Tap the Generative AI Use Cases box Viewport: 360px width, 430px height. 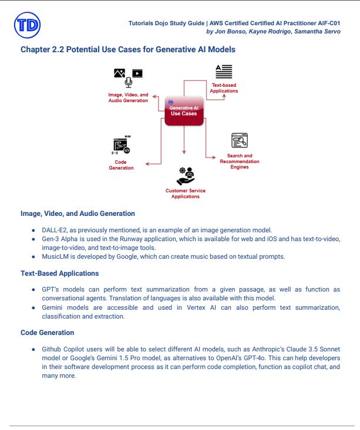183,110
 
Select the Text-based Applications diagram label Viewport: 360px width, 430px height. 225,88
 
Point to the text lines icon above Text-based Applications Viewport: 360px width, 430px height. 224,72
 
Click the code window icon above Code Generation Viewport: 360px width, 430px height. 121,145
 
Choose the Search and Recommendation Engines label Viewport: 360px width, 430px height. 240,161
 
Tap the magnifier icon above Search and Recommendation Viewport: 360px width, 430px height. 240,140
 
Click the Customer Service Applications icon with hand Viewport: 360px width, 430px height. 186,175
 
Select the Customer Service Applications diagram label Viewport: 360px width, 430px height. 186,194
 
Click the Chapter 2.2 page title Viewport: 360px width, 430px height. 128,49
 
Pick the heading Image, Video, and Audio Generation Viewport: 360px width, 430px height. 78,214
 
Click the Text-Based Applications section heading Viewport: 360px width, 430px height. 59,273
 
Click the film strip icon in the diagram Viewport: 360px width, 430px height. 137,73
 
